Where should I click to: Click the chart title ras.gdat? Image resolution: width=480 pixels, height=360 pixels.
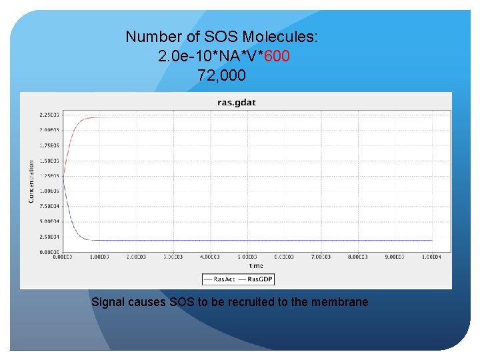point(237,103)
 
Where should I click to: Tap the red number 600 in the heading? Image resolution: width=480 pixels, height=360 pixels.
point(277,57)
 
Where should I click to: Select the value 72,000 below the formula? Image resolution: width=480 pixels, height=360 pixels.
point(221,76)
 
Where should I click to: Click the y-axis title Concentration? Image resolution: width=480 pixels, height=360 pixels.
point(31,181)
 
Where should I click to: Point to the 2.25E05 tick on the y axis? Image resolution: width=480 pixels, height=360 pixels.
point(49,115)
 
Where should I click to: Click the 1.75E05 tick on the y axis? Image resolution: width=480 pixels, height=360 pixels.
point(49,145)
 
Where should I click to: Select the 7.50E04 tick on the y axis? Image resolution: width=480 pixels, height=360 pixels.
point(49,206)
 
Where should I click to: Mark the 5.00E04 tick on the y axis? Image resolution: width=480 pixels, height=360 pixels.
point(49,221)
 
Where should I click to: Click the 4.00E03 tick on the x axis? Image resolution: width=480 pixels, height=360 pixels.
point(210,257)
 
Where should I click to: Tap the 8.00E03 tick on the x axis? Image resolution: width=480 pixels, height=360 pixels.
point(357,257)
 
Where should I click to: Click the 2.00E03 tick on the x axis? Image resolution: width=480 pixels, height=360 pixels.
point(137,257)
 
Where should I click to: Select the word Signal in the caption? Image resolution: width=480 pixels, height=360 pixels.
point(107,302)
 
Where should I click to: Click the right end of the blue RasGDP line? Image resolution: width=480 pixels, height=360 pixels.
point(432,240)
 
